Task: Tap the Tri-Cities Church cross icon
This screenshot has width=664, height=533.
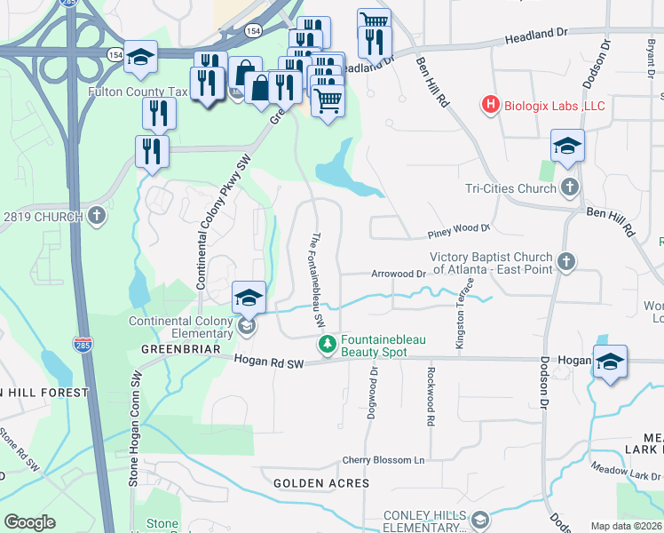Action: point(569,187)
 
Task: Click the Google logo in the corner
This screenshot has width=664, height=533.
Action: point(29,522)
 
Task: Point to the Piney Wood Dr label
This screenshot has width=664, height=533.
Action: point(459,229)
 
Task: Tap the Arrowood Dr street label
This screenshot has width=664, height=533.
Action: point(399,274)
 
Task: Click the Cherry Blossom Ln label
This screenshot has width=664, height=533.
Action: point(384,461)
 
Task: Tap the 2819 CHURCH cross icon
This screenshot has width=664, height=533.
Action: point(97,215)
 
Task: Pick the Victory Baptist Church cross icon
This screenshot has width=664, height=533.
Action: point(565,262)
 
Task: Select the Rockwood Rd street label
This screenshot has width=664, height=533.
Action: point(431,397)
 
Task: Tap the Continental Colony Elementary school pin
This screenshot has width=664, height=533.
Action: point(249,298)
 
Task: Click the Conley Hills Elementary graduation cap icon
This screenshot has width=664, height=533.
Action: point(480,519)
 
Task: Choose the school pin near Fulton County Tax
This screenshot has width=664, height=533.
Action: point(140,58)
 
